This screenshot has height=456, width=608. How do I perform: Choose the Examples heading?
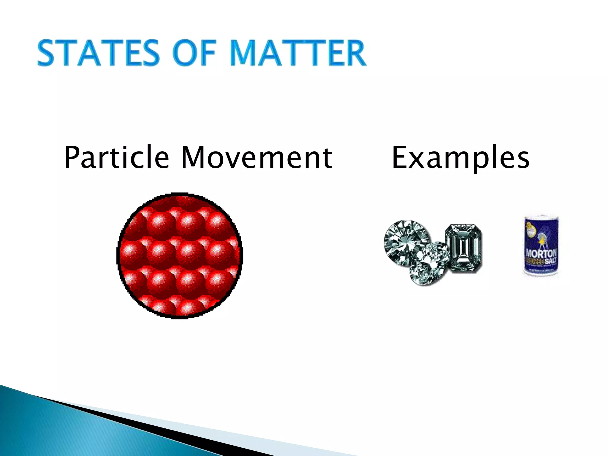click(460, 158)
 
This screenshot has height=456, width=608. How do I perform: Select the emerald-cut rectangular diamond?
click(463, 248)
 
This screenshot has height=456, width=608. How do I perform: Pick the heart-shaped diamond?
click(429, 264)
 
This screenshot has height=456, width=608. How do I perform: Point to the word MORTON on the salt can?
click(541, 254)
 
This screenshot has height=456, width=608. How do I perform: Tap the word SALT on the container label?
click(550, 261)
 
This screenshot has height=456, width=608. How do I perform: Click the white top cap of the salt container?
click(541, 216)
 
